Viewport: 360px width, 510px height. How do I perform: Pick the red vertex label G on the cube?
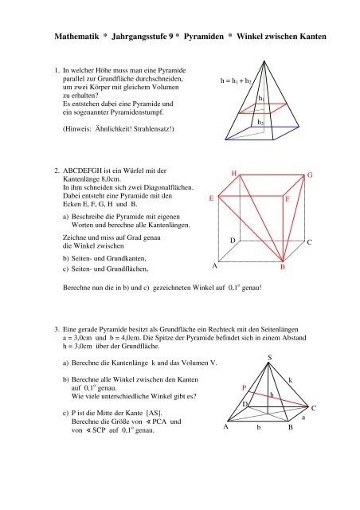tap(311, 174)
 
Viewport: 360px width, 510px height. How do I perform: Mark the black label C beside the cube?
tap(310, 241)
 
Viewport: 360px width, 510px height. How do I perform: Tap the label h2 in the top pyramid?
tap(261, 122)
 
